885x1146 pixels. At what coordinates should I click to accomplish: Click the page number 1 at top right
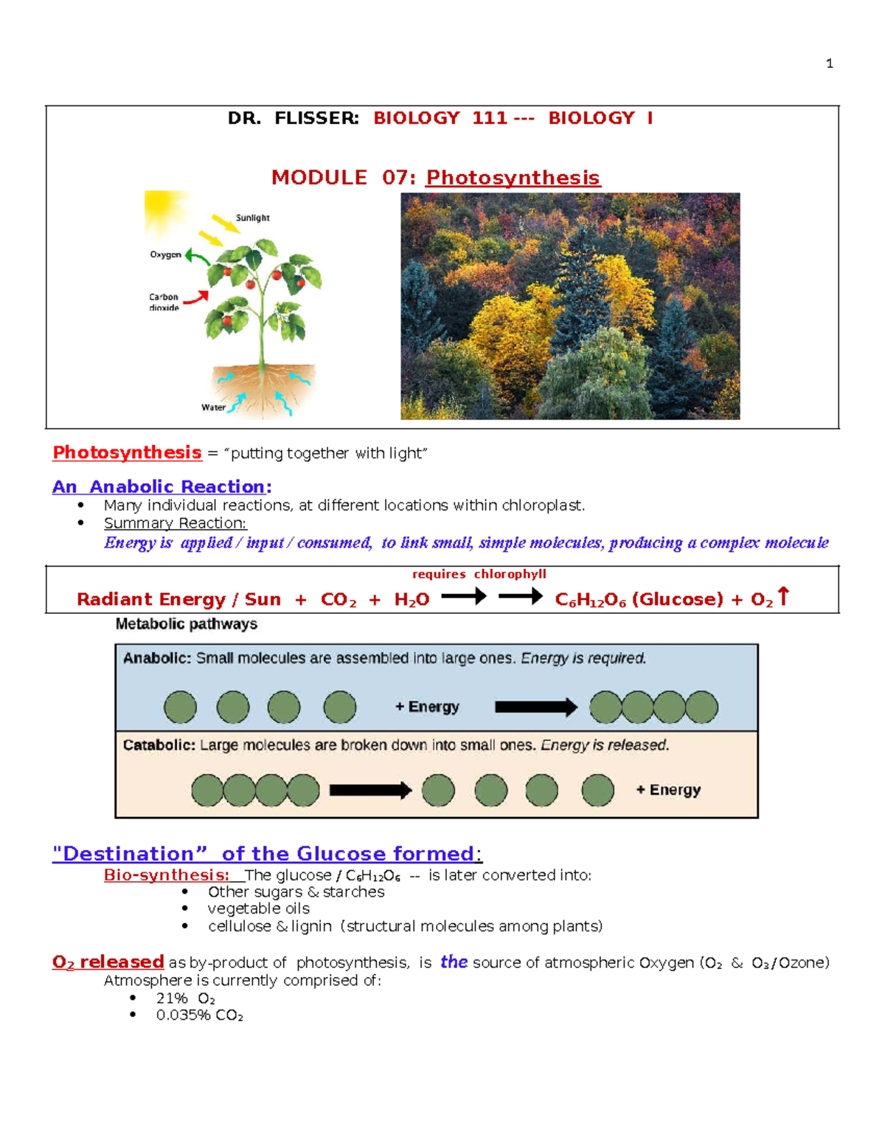click(x=830, y=63)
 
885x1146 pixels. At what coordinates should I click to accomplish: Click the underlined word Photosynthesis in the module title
click(x=513, y=178)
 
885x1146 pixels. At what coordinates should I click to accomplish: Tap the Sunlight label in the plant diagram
click(x=252, y=218)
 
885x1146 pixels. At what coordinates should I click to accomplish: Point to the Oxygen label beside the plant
click(x=165, y=255)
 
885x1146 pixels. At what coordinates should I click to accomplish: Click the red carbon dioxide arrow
click(x=196, y=298)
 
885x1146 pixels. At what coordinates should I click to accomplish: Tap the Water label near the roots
click(x=213, y=407)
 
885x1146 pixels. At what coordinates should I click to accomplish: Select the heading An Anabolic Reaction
click(x=162, y=487)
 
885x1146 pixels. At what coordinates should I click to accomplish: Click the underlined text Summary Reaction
click(x=175, y=523)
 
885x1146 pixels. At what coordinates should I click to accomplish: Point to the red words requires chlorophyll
click(x=479, y=574)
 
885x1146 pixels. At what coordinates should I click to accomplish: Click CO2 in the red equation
click(x=338, y=600)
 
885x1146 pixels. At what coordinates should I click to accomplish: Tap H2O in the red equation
click(x=412, y=600)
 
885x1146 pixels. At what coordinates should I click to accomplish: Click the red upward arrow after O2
click(x=783, y=596)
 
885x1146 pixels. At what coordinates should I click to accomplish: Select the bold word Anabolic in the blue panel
click(x=156, y=658)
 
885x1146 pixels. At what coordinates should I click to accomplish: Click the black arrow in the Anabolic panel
click(x=535, y=707)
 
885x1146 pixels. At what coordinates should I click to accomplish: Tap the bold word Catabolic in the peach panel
click(x=159, y=745)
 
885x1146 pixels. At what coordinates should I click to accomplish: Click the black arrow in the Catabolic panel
click(x=370, y=790)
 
